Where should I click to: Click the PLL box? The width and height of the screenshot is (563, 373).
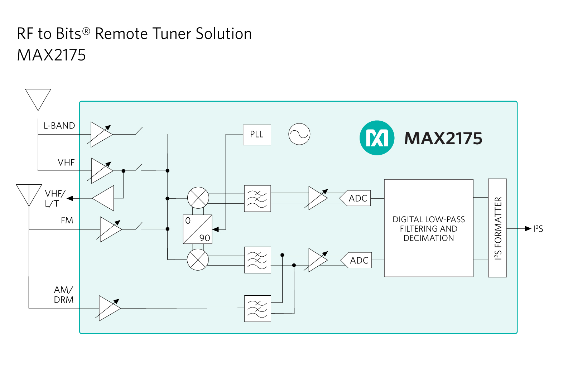257,135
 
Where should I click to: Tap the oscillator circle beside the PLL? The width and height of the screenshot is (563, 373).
299,134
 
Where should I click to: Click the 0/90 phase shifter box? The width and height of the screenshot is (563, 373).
197,229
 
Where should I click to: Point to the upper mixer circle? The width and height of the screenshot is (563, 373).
198,198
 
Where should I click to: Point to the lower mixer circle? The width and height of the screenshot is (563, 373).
198,260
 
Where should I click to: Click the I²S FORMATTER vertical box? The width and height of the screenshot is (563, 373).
497,228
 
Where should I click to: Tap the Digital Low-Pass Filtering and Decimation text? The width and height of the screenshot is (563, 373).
429,229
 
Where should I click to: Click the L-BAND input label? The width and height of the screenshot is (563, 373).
59,126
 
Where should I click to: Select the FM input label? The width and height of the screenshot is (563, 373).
67,221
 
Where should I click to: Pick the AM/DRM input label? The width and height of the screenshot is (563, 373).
64,295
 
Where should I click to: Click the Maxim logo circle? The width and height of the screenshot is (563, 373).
377,138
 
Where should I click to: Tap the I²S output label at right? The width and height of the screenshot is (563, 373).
538,229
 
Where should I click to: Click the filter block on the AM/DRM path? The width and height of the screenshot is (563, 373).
258,309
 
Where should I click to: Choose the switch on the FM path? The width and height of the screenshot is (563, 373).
139,227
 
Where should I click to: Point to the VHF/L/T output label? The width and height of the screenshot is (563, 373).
54,199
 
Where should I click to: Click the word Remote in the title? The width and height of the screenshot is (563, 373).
121,34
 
